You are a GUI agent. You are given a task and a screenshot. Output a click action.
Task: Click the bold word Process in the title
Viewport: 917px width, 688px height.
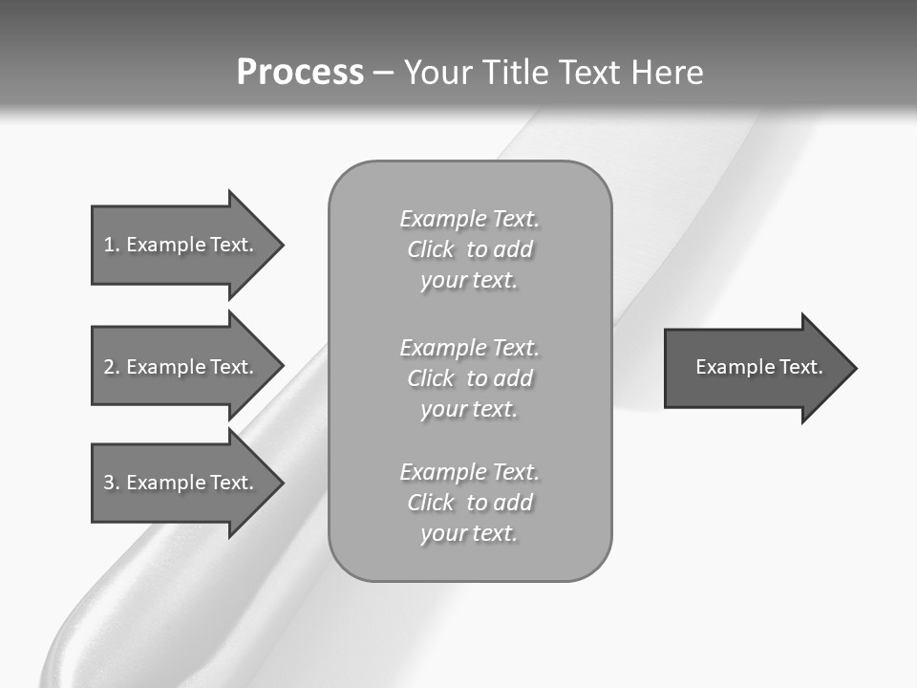[300, 73]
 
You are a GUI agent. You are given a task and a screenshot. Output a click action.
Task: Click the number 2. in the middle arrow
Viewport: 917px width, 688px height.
[111, 367]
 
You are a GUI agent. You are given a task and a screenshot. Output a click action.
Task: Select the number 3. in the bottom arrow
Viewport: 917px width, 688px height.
[111, 483]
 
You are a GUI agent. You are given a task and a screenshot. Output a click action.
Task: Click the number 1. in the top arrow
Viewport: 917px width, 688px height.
[111, 245]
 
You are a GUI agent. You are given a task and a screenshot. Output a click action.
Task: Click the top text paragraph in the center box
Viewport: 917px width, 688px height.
[469, 249]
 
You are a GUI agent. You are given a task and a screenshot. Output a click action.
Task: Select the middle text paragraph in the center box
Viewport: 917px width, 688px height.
[469, 378]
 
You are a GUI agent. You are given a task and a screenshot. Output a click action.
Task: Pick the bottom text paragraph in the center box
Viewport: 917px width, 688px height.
[469, 503]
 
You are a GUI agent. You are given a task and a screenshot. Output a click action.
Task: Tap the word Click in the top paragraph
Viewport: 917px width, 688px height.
[431, 249]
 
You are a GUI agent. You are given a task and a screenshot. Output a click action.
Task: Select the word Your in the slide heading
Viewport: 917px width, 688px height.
[440, 73]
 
